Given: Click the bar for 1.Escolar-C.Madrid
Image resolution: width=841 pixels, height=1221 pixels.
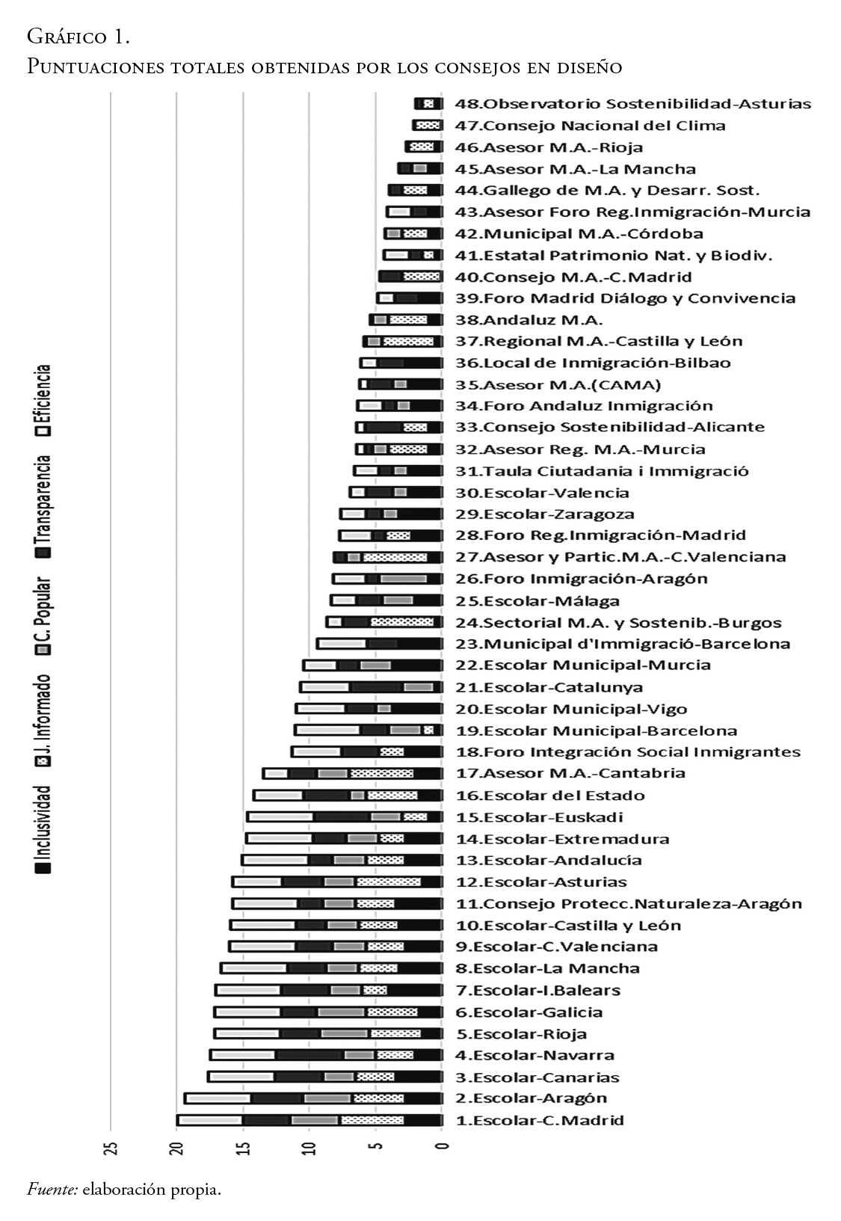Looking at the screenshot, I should point(309,1120).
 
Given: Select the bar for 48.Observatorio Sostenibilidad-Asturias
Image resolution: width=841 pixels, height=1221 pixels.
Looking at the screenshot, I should point(428,104).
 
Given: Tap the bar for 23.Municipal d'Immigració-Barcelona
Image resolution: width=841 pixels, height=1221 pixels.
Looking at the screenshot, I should point(379,644).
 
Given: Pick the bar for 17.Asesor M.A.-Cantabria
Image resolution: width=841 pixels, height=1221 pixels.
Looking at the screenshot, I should point(352,773).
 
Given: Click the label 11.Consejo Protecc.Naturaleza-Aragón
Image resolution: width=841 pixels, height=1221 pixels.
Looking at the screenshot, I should point(629,903).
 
